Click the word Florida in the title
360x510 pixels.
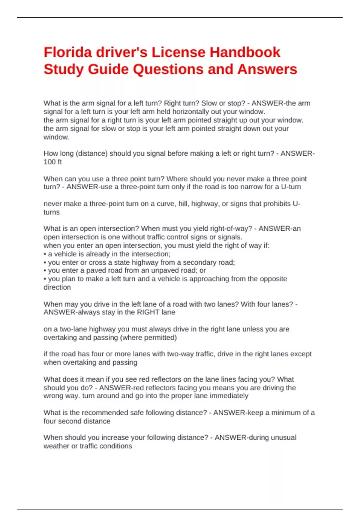click(68, 52)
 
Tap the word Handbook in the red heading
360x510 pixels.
click(245, 52)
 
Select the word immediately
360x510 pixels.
click(229, 396)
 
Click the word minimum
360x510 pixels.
click(285, 413)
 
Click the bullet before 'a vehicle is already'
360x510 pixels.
click(45, 254)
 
